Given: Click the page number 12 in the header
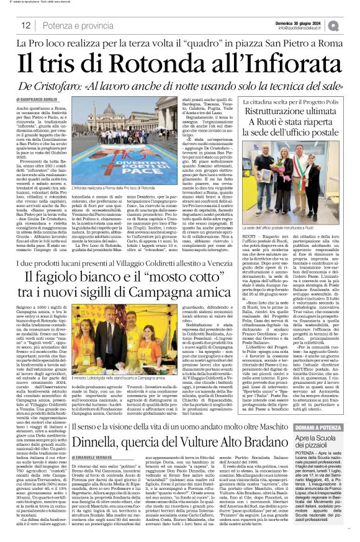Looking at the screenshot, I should tap(25, 25).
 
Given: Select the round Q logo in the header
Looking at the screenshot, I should tap(351, 25).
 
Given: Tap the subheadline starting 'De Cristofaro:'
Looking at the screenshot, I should tap(179, 86).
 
